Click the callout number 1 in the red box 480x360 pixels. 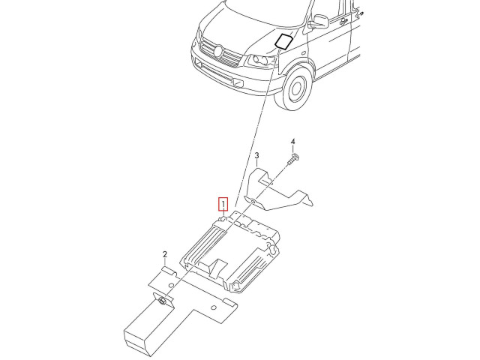(223, 204)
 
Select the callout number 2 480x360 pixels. (165, 254)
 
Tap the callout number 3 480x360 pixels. (256, 156)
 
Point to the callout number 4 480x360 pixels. (293, 142)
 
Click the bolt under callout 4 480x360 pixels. (293, 159)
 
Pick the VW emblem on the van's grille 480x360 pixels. (218, 51)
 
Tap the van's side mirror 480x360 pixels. (319, 22)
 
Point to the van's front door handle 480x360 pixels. (343, 21)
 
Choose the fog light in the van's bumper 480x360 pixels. (238, 82)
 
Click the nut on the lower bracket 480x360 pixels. (163, 301)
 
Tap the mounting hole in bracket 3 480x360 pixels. (253, 201)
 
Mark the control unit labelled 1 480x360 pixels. (230, 252)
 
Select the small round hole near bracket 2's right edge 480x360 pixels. (214, 307)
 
